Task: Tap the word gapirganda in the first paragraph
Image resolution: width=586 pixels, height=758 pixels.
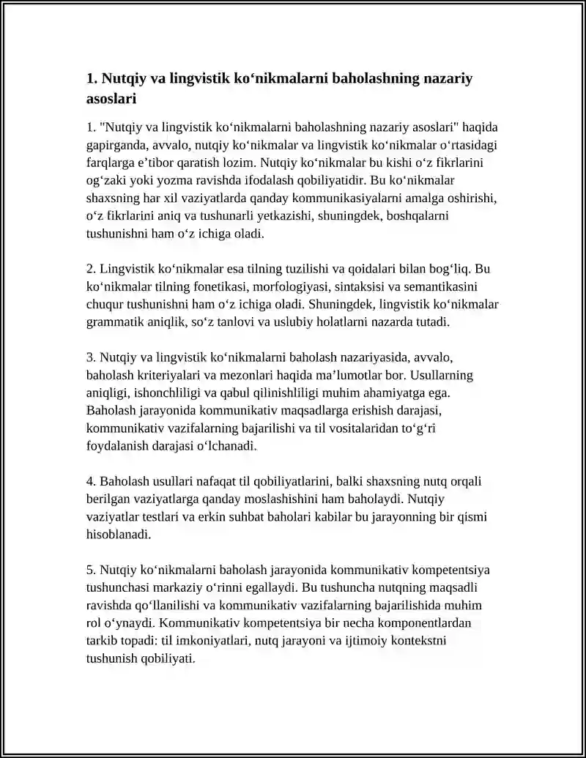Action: tap(116, 145)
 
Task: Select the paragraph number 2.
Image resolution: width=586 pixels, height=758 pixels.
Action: tap(90, 269)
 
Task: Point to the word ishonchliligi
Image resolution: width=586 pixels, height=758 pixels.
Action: tap(171, 393)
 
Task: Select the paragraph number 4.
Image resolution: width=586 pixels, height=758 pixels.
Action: tap(90, 481)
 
